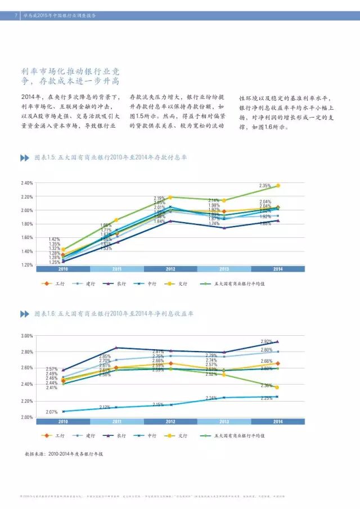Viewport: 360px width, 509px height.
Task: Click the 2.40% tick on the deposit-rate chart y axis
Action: (26, 183)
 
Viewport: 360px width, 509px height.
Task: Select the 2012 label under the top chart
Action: (171, 269)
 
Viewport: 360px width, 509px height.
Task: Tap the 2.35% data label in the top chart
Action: (265, 186)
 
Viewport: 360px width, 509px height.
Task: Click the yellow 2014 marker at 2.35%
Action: (278, 186)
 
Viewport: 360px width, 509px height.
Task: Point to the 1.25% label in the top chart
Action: (55, 262)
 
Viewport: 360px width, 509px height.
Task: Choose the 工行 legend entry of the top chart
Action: (54, 284)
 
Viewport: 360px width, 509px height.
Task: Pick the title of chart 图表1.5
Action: (110, 157)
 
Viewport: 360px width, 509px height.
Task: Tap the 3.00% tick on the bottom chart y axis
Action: (26, 336)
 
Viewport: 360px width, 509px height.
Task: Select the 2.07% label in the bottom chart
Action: (52, 412)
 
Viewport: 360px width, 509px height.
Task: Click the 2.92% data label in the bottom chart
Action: (266, 341)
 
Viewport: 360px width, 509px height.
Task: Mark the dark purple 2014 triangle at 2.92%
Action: (277, 341)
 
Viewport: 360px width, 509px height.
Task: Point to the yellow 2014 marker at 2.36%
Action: (277, 388)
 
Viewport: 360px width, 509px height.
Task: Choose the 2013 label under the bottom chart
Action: (224, 421)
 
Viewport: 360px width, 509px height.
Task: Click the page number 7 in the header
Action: (16, 16)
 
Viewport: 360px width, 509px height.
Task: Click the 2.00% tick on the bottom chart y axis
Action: (26, 417)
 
